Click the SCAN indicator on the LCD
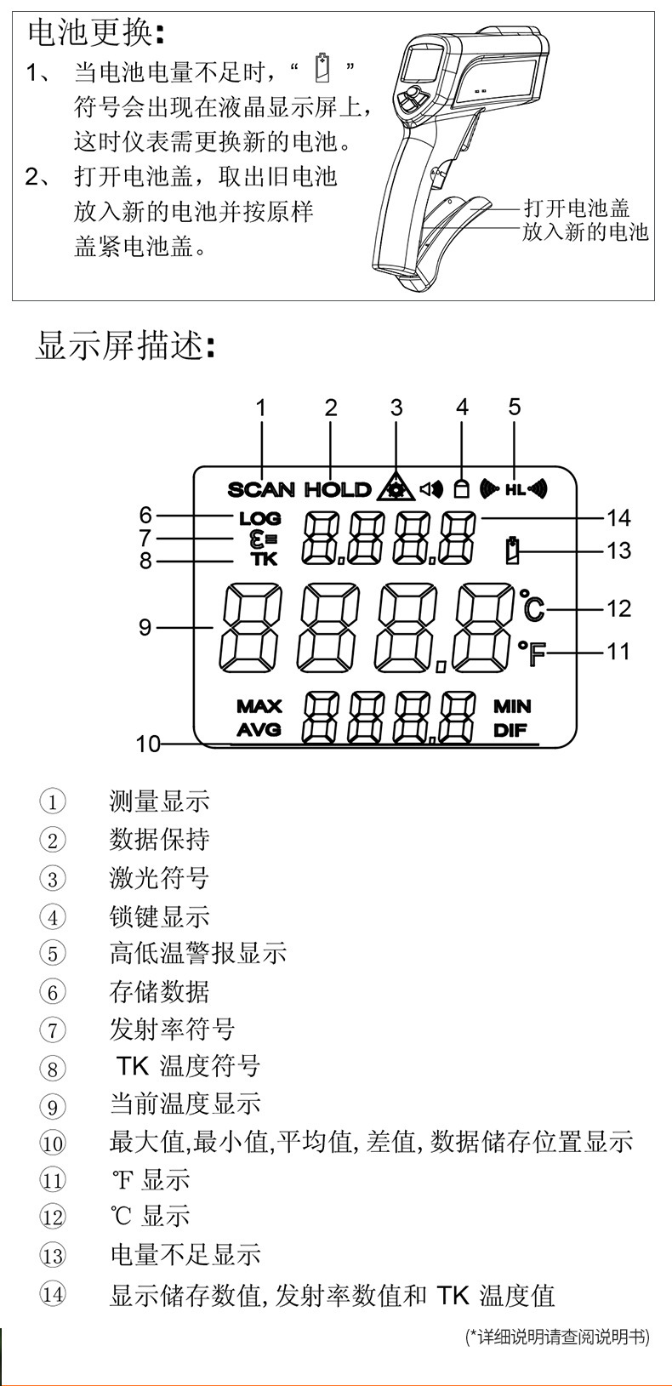[x=261, y=489]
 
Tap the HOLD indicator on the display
[x=338, y=489]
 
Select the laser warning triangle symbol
[x=396, y=486]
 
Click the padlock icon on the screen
[x=462, y=488]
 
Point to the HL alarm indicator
[x=515, y=489]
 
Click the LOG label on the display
[x=259, y=518]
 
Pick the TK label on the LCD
[x=264, y=559]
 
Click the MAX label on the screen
[x=259, y=706]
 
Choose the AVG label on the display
[x=259, y=729]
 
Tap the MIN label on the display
[x=512, y=706]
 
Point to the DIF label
[x=510, y=729]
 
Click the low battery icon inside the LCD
[x=512, y=550]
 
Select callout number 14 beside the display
[x=618, y=517]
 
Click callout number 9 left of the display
[x=145, y=628]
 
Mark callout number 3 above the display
[x=396, y=408]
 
